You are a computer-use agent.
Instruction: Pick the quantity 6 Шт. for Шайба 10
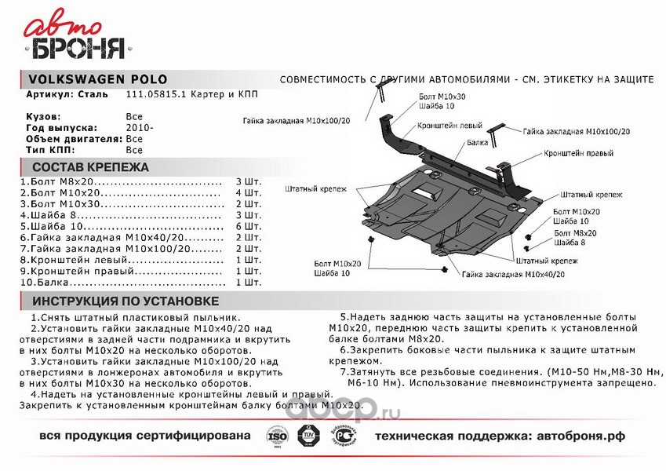coord(248,225)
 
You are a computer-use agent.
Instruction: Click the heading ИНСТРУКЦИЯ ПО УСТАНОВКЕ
coord(125,301)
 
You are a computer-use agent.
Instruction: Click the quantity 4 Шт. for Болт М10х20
coord(248,192)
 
